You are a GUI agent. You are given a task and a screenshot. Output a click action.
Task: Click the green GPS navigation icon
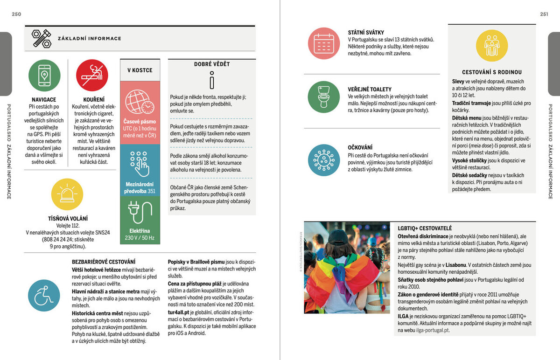pyautogui.click(x=44, y=76)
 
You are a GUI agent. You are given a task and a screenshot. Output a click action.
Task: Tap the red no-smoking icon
pyautogui.click(x=92, y=76)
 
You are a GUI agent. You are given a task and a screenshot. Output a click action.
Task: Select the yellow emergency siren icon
pyautogui.click(x=67, y=194)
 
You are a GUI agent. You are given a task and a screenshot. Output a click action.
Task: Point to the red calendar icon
pyautogui.click(x=323, y=43)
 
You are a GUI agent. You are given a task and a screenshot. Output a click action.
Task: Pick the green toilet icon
pyautogui.click(x=323, y=97)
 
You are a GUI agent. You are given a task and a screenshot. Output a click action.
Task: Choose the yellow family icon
pyautogui.click(x=491, y=46)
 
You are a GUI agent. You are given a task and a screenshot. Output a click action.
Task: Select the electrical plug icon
pyautogui.click(x=140, y=212)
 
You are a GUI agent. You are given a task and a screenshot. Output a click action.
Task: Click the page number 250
pyautogui.click(x=16, y=14)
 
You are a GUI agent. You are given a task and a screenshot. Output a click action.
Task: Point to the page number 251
pyautogui.click(x=544, y=14)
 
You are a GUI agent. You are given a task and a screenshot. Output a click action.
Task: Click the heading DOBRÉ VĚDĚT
pyautogui.click(x=212, y=64)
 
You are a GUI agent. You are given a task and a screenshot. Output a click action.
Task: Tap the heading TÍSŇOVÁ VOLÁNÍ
pyautogui.click(x=67, y=218)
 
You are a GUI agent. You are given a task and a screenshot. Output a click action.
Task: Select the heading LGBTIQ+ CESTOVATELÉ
pyautogui.click(x=425, y=228)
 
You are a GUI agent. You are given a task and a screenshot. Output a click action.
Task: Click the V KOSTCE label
pyautogui.click(x=140, y=70)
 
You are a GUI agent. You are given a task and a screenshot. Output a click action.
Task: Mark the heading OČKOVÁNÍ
pyautogui.click(x=360, y=147)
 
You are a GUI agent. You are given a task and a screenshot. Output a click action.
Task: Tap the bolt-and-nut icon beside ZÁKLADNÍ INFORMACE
pyautogui.click(x=41, y=39)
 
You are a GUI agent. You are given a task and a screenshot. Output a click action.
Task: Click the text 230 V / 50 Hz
pyautogui.click(x=140, y=238)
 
